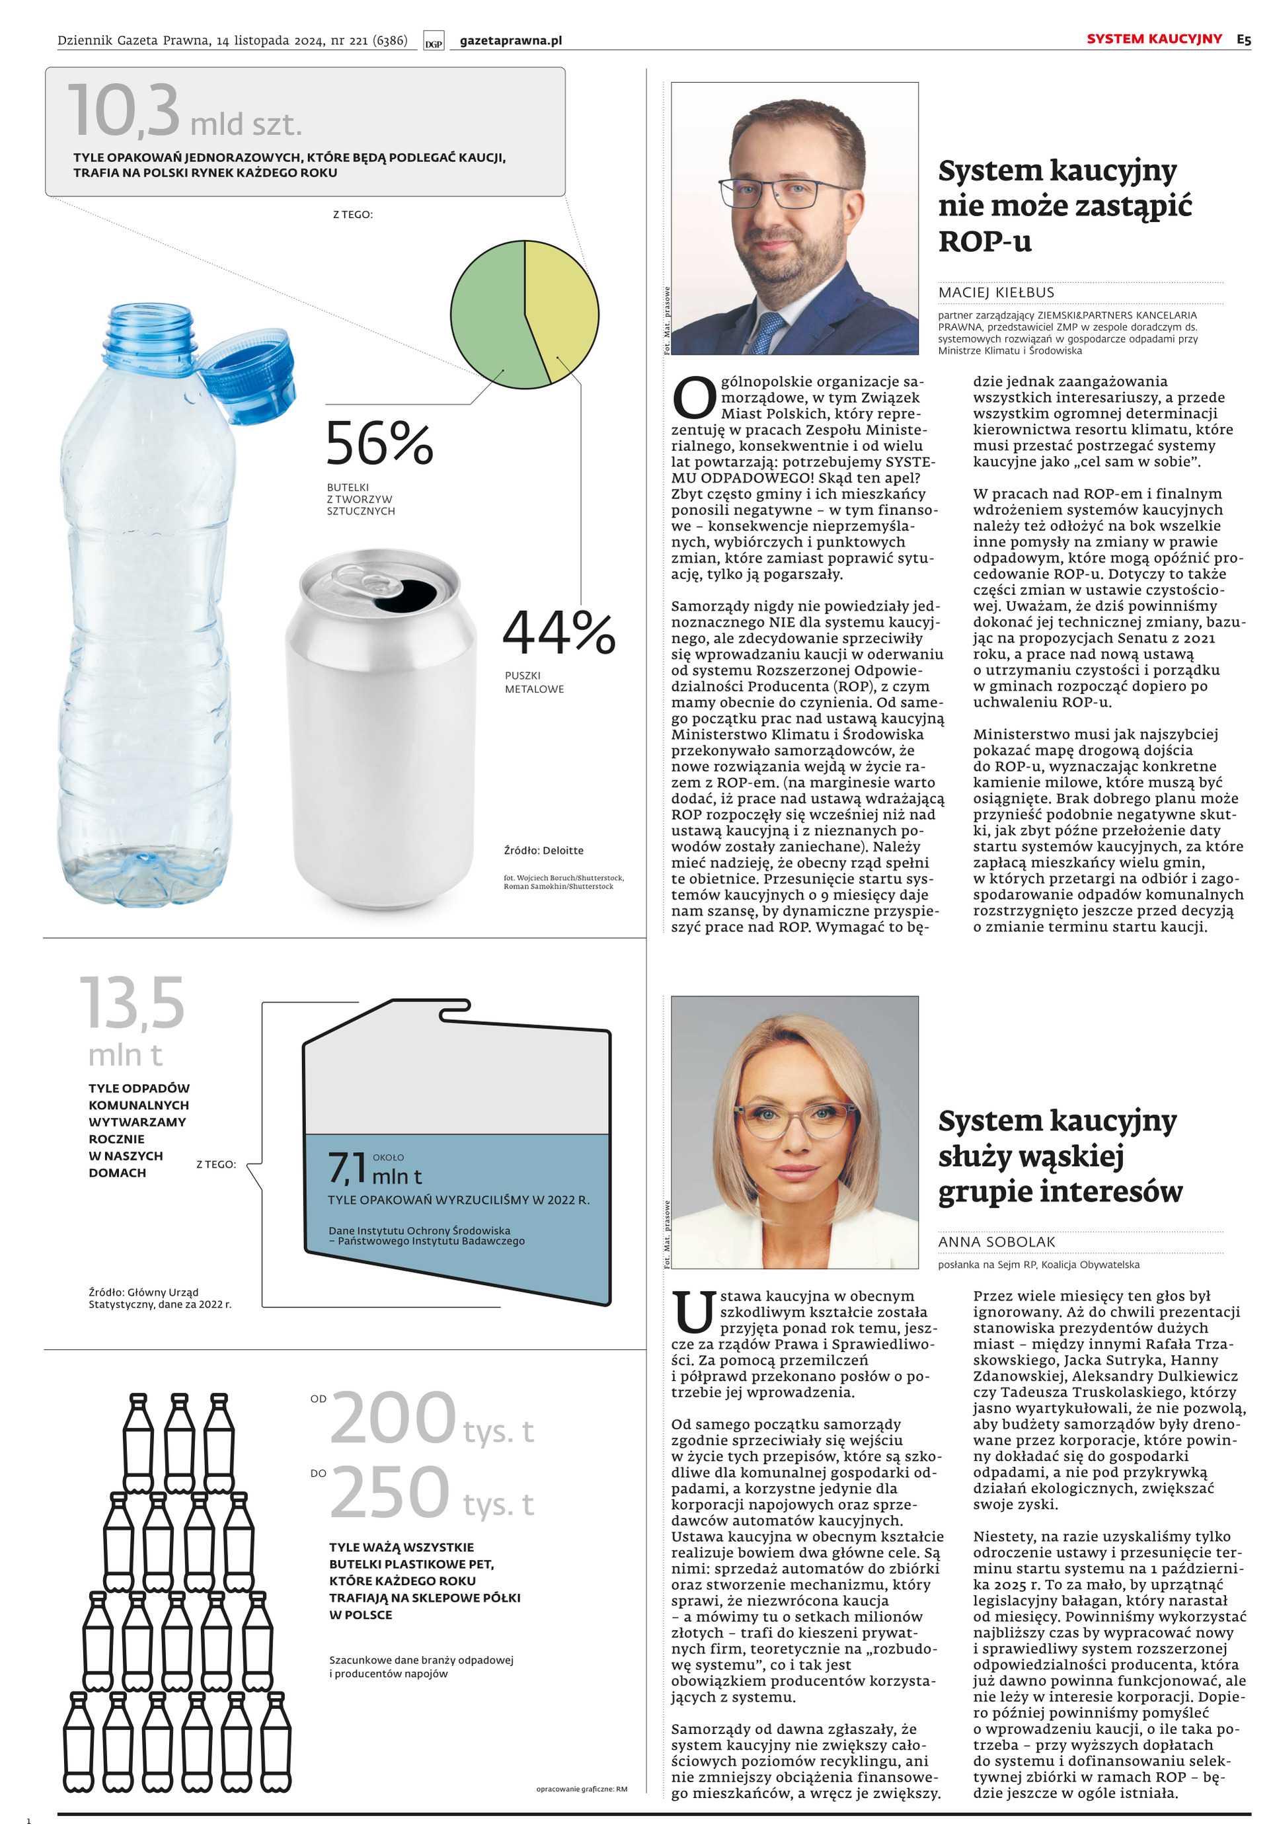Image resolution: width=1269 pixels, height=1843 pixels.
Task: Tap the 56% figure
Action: click(379, 444)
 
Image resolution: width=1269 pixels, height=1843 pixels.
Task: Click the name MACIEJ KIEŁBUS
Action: click(995, 293)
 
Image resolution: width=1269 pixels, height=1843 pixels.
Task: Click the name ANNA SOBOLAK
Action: click(996, 1242)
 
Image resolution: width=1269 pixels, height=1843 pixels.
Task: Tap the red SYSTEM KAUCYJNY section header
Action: click(1154, 39)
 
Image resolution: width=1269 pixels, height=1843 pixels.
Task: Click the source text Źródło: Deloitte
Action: click(543, 851)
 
